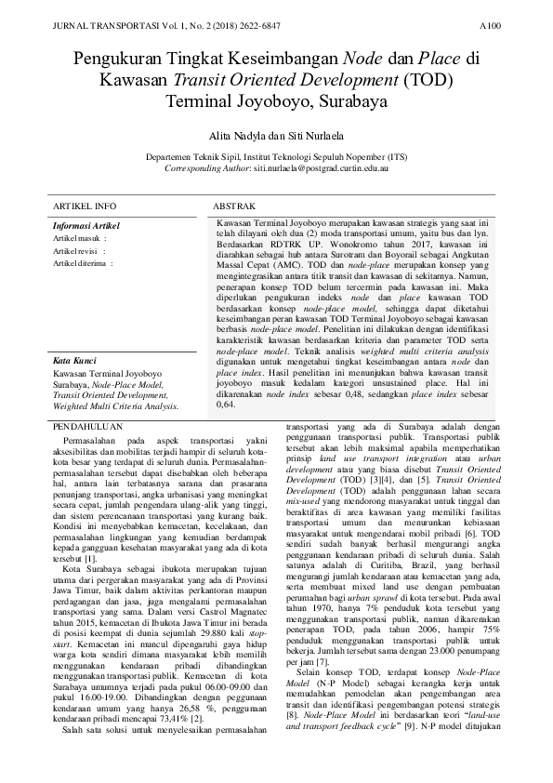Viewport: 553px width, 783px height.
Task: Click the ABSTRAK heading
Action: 236,205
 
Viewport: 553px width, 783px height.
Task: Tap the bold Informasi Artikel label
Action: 86,226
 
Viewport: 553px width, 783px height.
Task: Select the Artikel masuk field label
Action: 77,238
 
